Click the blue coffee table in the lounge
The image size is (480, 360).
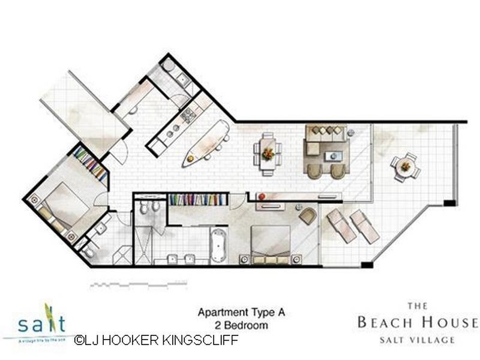(332, 156)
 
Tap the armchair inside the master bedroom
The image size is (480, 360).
(307, 215)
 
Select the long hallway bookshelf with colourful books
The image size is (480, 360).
(198, 199)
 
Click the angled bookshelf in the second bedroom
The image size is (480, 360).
(92, 163)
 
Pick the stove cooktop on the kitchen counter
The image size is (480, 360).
(188, 114)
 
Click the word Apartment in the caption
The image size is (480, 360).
(218, 313)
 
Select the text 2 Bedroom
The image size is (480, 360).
(240, 326)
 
